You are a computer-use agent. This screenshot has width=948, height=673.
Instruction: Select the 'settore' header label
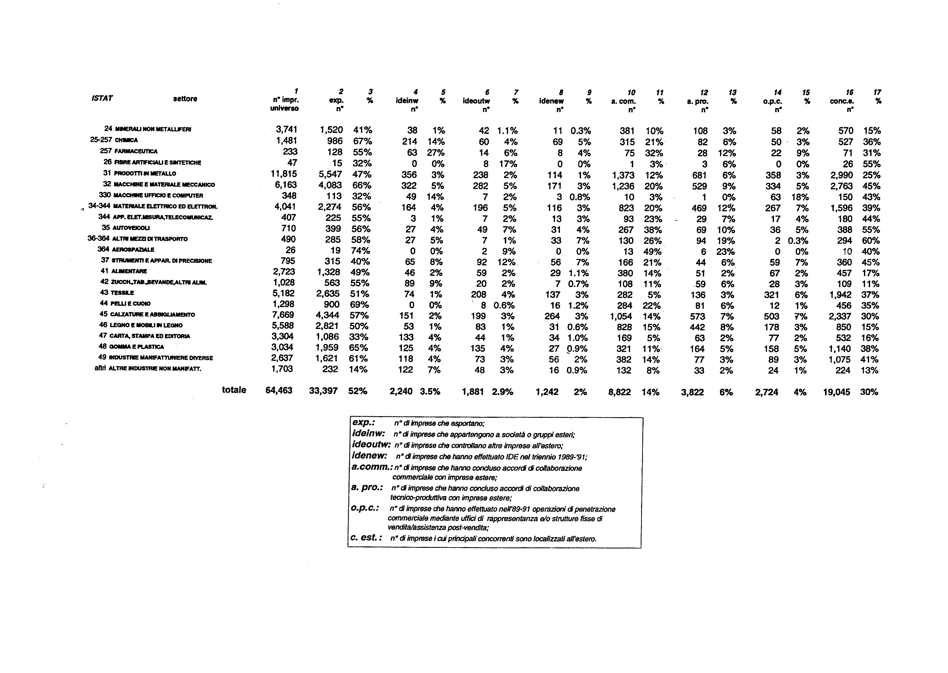tap(185, 99)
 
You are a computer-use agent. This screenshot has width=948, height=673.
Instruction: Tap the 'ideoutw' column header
tap(477, 101)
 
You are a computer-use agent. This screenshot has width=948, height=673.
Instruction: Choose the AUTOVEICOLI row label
tap(131, 228)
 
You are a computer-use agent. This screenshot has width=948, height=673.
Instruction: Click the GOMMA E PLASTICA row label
tap(136, 347)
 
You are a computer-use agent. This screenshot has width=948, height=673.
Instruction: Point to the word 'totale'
tap(234, 390)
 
